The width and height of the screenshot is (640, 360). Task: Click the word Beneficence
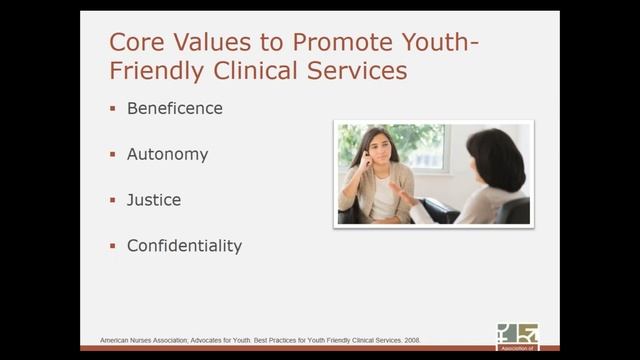pos(175,108)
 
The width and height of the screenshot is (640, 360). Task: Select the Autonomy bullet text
pos(167,154)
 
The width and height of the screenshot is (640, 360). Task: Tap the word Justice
pos(154,200)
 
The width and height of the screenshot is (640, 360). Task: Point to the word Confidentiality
pos(184,246)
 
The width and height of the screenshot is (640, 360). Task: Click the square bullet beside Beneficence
pos(113,109)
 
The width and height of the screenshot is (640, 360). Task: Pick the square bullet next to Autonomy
pos(113,155)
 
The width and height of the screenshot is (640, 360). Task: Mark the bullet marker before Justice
pos(113,201)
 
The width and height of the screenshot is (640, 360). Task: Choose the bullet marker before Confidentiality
pos(113,246)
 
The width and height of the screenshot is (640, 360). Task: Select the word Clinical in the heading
pos(249,72)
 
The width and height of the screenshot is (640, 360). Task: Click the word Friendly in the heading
pos(150,72)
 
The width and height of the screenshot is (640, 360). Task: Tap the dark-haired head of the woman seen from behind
pos(494,159)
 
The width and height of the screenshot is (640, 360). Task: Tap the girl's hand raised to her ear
pos(365,160)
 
